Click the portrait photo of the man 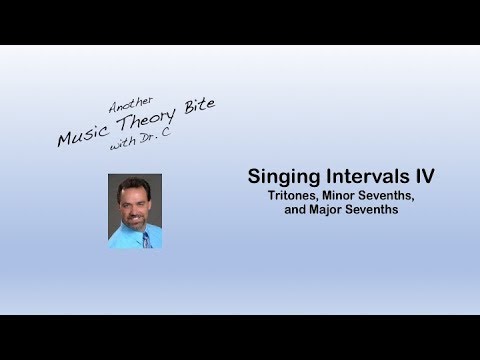coord(135,211)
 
